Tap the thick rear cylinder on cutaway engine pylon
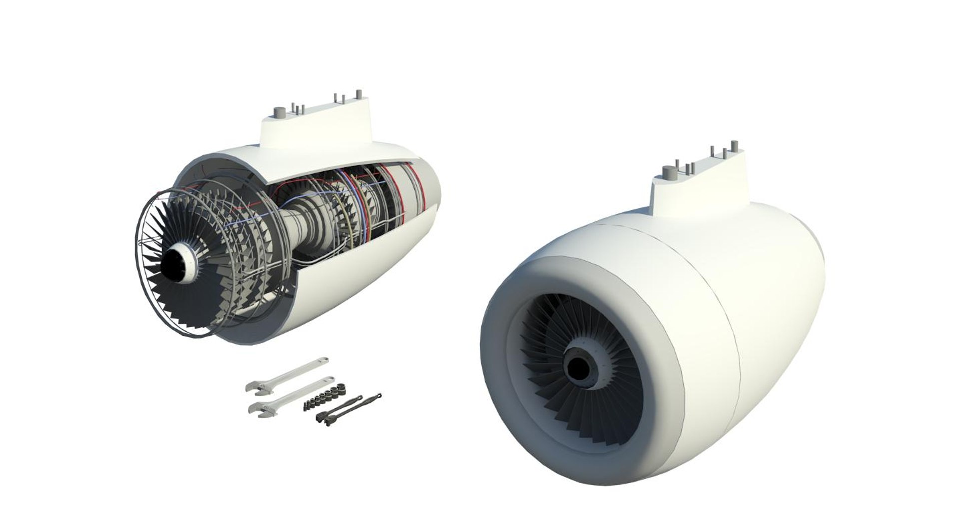(358, 95)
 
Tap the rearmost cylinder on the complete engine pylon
(734, 146)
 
